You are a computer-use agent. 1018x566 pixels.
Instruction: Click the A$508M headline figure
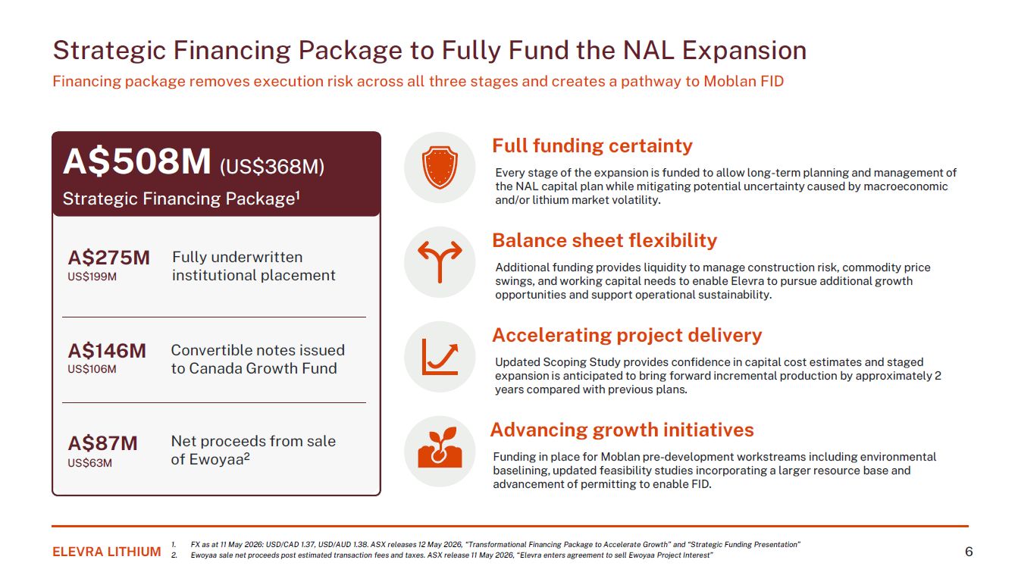pyautogui.click(x=136, y=161)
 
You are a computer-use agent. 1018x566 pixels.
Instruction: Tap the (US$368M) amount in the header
pyautogui.click(x=272, y=167)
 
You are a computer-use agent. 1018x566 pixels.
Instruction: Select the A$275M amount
pyautogui.click(x=108, y=258)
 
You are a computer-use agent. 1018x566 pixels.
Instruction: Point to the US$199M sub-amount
pyautogui.click(x=92, y=277)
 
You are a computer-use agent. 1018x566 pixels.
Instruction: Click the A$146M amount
pyautogui.click(x=107, y=351)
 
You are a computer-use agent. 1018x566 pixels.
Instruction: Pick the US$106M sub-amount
pyautogui.click(x=92, y=369)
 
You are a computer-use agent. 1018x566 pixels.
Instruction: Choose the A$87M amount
pyautogui.click(x=102, y=443)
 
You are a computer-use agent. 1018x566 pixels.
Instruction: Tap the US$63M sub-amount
pyautogui.click(x=90, y=463)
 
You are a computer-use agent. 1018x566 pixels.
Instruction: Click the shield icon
pyautogui.click(x=440, y=167)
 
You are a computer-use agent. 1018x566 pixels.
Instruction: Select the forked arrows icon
pyautogui.click(x=440, y=262)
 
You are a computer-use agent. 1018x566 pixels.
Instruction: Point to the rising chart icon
pyautogui.click(x=440, y=357)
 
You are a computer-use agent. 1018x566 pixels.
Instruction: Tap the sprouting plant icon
pyautogui.click(x=440, y=448)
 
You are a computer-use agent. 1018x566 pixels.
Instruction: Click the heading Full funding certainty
pyautogui.click(x=592, y=145)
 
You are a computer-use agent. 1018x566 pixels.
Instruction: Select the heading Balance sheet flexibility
pyautogui.click(x=604, y=240)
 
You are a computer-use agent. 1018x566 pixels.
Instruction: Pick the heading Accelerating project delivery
pyautogui.click(x=627, y=335)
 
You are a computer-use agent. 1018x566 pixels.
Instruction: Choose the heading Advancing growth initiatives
pyautogui.click(x=622, y=430)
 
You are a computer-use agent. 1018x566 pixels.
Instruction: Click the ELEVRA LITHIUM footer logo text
pyautogui.click(x=107, y=552)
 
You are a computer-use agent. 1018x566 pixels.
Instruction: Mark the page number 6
pyautogui.click(x=969, y=552)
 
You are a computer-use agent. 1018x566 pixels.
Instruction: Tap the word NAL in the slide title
pyautogui.click(x=649, y=50)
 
